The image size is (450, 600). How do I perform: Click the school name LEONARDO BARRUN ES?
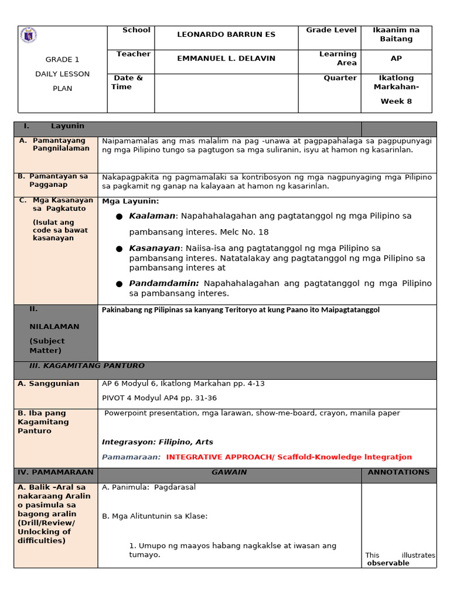[226, 35]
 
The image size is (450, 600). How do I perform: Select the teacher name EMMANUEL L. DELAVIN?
[226, 59]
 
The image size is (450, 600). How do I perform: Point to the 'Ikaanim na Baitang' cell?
[396, 35]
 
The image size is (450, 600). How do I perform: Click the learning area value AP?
[396, 59]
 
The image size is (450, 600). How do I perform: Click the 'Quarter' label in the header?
[340, 78]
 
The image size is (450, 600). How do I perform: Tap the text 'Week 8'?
[396, 101]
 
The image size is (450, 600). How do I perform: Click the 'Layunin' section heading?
[67, 126]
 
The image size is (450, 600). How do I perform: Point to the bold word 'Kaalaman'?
[152, 216]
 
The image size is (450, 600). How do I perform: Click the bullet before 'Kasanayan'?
[119, 249]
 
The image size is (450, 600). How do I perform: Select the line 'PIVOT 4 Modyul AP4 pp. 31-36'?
[159, 398]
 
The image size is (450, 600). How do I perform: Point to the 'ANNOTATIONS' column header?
[398, 472]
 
